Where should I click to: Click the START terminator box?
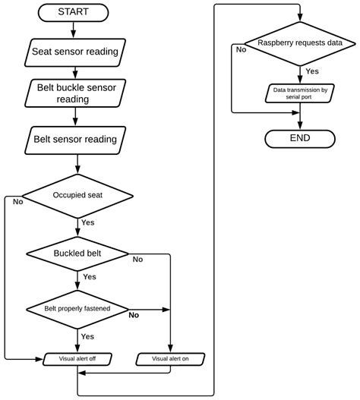click(74, 11)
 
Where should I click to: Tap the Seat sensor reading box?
click(74, 52)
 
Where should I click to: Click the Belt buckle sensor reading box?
click(74, 93)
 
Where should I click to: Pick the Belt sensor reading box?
click(74, 140)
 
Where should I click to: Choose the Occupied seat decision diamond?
click(78, 194)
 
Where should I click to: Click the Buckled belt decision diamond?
click(78, 252)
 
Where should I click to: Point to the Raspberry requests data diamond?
click(301, 43)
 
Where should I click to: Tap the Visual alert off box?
click(78, 358)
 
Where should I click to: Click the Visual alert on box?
click(171, 358)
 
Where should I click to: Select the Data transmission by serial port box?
click(301, 93)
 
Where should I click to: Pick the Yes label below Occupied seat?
click(88, 222)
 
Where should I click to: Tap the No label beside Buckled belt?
click(137, 260)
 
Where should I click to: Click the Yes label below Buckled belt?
click(89, 277)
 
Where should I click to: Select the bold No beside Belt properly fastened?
click(134, 314)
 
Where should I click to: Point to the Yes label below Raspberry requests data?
click(311, 71)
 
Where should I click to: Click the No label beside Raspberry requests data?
click(241, 49)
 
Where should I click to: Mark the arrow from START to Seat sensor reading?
click(74, 30)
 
